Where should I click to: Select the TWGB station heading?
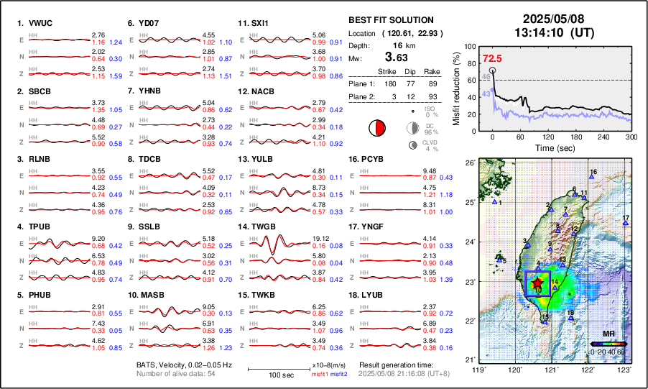[264, 226]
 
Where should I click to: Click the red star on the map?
[537, 283]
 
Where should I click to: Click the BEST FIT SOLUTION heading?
[391, 20]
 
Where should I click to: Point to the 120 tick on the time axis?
[548, 137]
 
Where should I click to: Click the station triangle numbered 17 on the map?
[626, 224]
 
